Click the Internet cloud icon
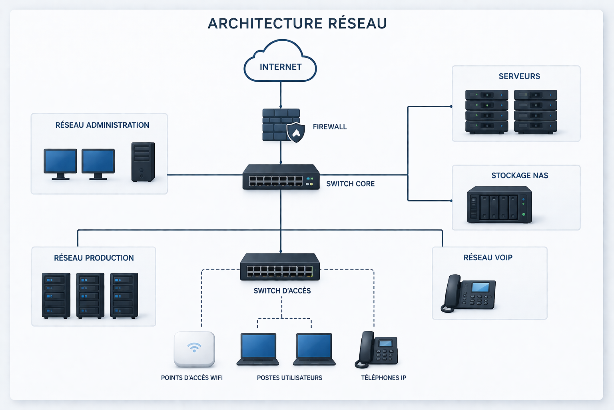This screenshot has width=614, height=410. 280,60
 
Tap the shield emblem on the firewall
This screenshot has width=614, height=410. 295,132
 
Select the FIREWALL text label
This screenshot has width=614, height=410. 329,127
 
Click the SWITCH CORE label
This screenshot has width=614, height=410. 350,184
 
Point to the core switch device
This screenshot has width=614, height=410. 281,177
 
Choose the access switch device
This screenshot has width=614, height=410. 280,267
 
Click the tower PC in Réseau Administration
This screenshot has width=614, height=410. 143,162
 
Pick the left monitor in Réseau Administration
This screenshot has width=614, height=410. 60,164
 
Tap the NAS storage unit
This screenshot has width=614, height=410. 499,205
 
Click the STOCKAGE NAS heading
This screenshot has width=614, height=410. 519,175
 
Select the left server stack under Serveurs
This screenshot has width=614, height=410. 486,112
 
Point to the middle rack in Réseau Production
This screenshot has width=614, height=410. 90,295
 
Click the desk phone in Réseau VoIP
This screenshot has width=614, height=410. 468,293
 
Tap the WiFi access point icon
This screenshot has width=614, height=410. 194,349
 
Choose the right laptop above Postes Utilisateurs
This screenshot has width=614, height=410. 314,349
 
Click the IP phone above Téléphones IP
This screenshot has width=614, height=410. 376,350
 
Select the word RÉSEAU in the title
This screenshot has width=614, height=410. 357,23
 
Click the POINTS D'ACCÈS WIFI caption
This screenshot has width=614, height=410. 191,378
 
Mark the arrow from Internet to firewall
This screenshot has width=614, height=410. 281,95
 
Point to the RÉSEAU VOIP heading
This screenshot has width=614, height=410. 488,257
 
